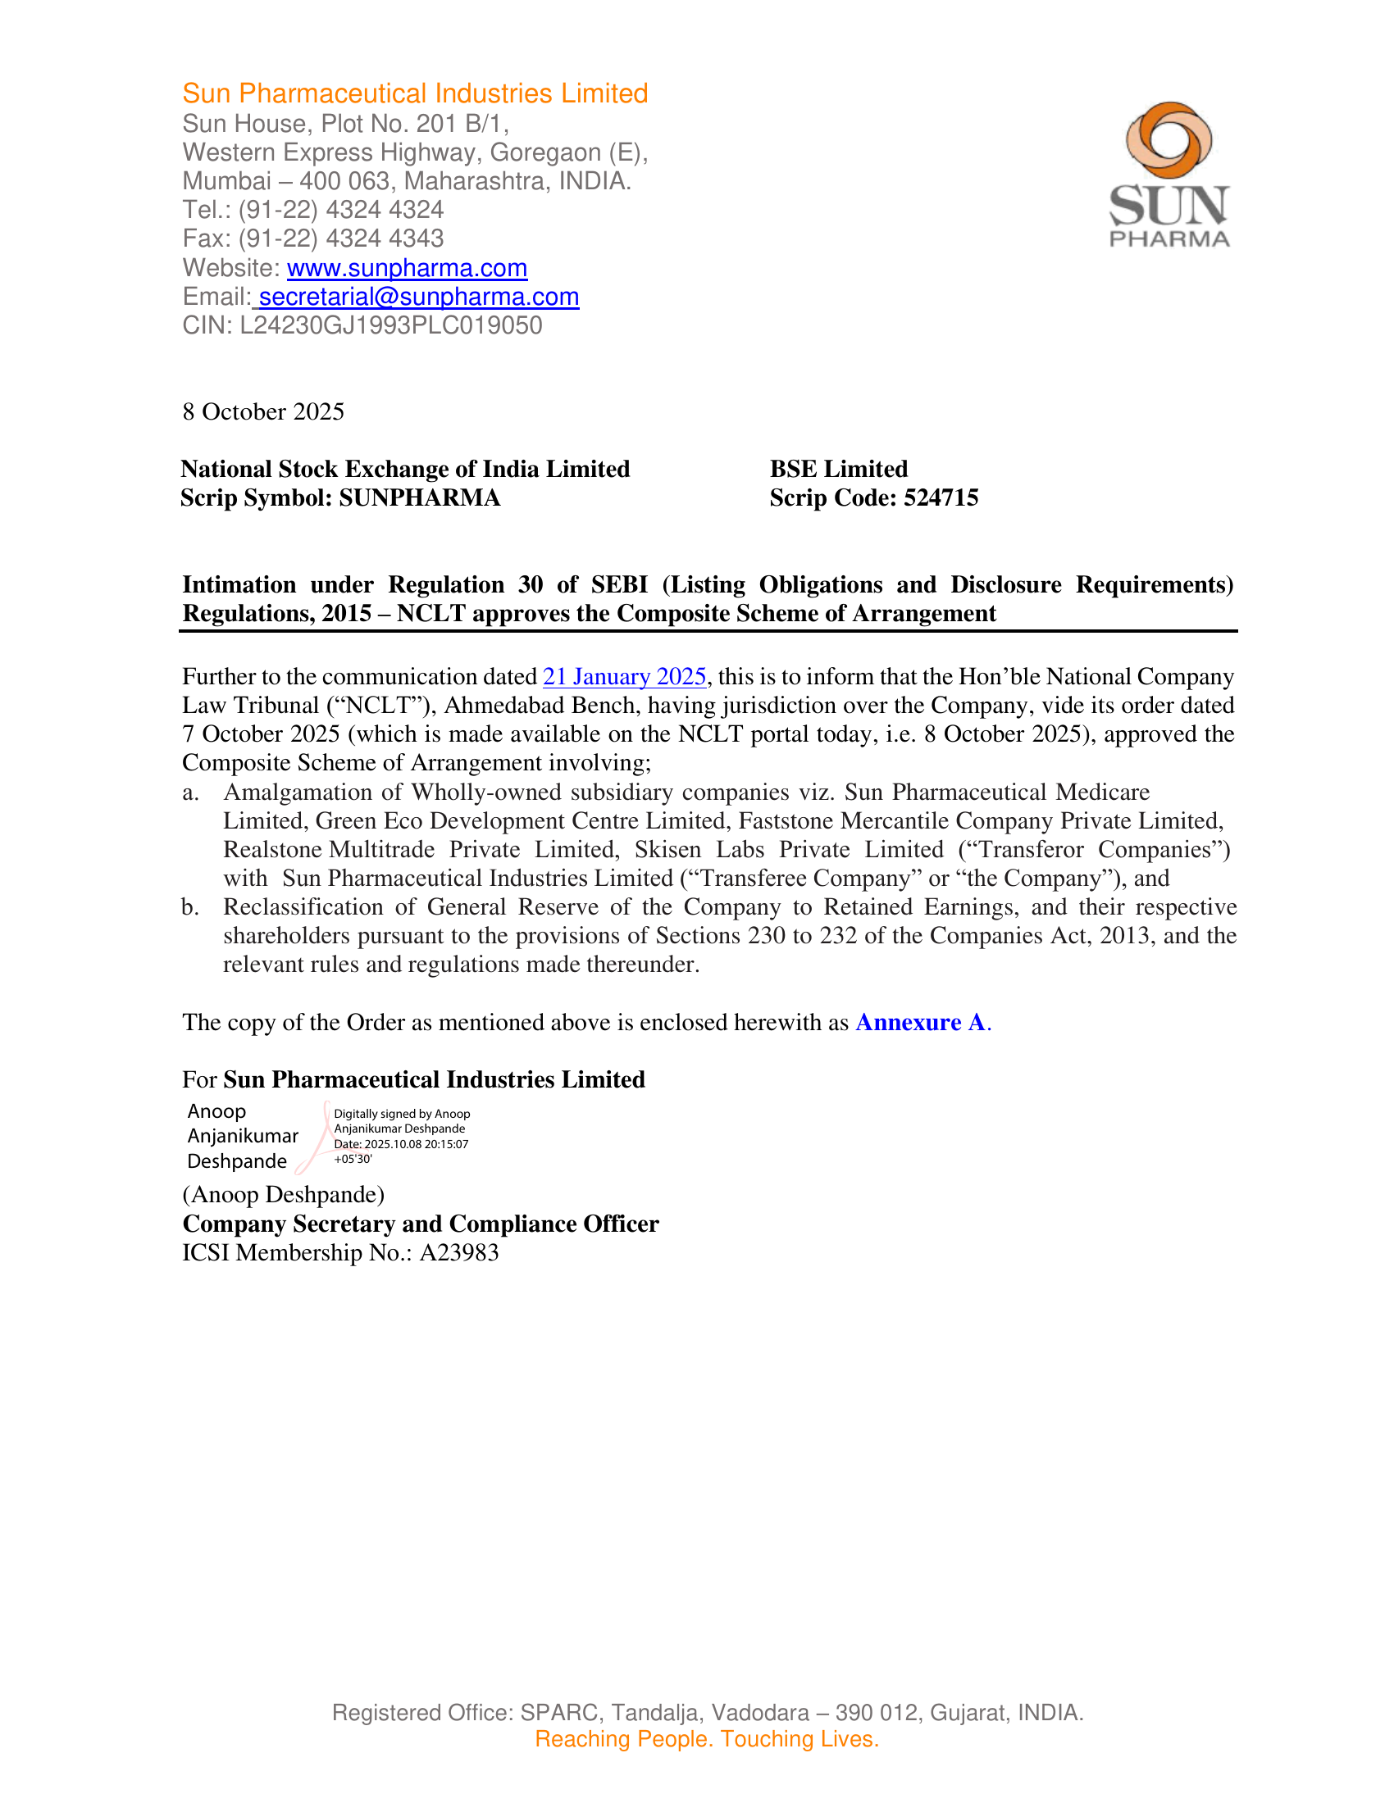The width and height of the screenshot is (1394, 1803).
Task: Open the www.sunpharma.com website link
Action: click(x=408, y=268)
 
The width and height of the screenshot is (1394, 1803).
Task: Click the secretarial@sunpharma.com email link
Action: click(x=419, y=297)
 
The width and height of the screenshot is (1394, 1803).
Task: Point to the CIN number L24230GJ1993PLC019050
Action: click(x=390, y=325)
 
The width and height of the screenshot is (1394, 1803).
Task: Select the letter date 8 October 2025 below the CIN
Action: click(x=263, y=412)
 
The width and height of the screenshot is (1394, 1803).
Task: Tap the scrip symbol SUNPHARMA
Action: click(x=420, y=497)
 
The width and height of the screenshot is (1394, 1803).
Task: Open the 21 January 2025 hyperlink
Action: click(x=624, y=677)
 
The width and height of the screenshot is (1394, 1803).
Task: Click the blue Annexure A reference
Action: click(x=921, y=1023)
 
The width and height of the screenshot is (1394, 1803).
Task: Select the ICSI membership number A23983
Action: click(x=459, y=1253)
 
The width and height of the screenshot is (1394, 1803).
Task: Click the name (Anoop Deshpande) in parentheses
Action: click(x=283, y=1195)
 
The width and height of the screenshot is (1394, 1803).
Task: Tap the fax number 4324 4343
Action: click(x=385, y=238)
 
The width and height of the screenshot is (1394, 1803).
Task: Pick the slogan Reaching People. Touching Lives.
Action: click(x=707, y=1738)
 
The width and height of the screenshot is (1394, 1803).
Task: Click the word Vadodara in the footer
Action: click(x=760, y=1712)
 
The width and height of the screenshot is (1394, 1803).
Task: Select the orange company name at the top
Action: click(x=416, y=93)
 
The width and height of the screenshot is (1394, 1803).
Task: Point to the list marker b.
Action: click(x=190, y=907)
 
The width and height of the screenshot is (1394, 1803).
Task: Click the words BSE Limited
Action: click(x=838, y=469)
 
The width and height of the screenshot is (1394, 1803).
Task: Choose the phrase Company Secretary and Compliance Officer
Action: click(x=421, y=1224)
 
